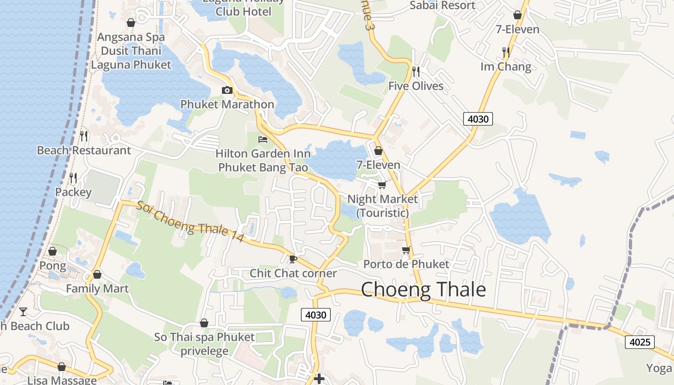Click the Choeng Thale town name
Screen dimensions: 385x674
pyautogui.click(x=423, y=290)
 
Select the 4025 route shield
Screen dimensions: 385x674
pyautogui.click(x=640, y=342)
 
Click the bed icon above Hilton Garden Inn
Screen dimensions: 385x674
pyautogui.click(x=263, y=140)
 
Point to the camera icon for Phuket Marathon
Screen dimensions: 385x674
pyautogui.click(x=227, y=90)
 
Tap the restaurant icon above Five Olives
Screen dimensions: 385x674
pyautogui.click(x=416, y=72)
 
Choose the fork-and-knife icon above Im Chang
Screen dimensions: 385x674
pyautogui.click(x=505, y=51)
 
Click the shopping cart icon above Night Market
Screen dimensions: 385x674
pyautogui.click(x=382, y=184)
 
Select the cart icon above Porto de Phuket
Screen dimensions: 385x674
pyautogui.click(x=406, y=250)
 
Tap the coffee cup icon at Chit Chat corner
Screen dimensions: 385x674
pyautogui.click(x=293, y=259)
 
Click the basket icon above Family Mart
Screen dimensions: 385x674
pyautogui.click(x=97, y=274)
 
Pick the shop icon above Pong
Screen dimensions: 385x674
pyautogui.click(x=52, y=251)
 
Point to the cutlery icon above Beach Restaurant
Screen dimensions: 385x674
pyautogui.click(x=84, y=136)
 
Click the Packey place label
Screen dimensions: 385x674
pyautogui.click(x=73, y=192)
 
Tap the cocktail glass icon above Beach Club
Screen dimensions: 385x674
pyautogui.click(x=23, y=311)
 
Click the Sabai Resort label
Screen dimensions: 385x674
pyautogui.click(x=442, y=5)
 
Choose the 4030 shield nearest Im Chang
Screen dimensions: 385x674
pyautogui.click(x=478, y=118)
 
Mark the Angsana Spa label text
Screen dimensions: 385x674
pyautogui.click(x=131, y=37)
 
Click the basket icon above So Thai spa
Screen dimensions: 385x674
pyautogui.click(x=204, y=322)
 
